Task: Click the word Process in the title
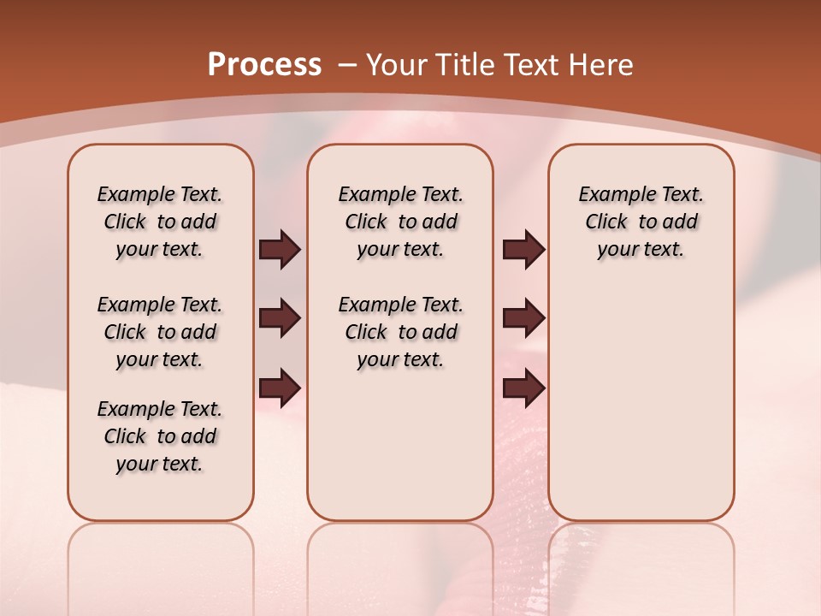click(264, 64)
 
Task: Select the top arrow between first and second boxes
click(280, 250)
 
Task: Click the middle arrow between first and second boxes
click(280, 319)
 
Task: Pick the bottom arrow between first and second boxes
click(280, 388)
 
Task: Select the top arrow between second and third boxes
click(523, 250)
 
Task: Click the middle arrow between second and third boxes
click(523, 319)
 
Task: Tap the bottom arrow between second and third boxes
click(523, 388)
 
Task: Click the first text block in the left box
click(160, 222)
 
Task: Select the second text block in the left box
click(160, 332)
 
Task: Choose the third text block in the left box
click(160, 436)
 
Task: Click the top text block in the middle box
click(400, 222)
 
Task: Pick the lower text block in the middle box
click(400, 332)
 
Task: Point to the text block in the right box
click(641, 222)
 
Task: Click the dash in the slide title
click(347, 66)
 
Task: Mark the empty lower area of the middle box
click(400, 445)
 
